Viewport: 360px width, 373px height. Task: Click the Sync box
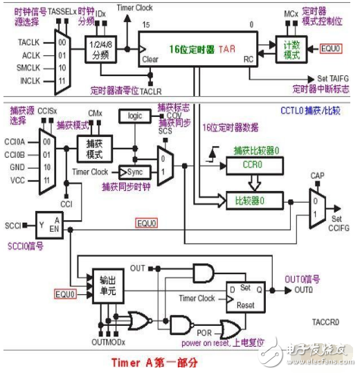134,171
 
